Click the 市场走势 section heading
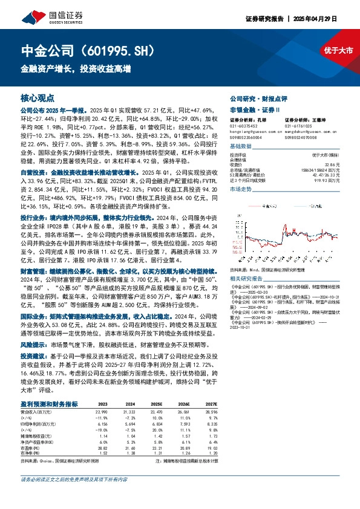241,189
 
